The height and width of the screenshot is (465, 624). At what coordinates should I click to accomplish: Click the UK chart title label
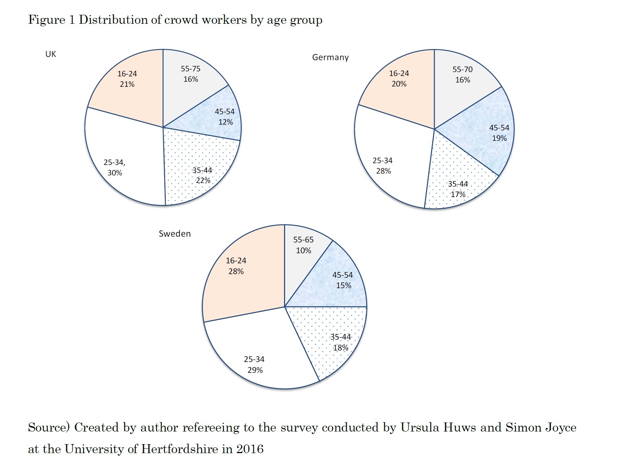coord(50,54)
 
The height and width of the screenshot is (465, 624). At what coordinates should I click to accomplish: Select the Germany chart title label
coord(330,57)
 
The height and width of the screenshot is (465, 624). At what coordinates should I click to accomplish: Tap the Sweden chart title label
coord(174,233)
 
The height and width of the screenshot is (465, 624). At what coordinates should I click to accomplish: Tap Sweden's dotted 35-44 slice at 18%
coord(332,339)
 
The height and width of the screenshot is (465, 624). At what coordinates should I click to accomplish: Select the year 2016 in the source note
coord(250,449)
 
